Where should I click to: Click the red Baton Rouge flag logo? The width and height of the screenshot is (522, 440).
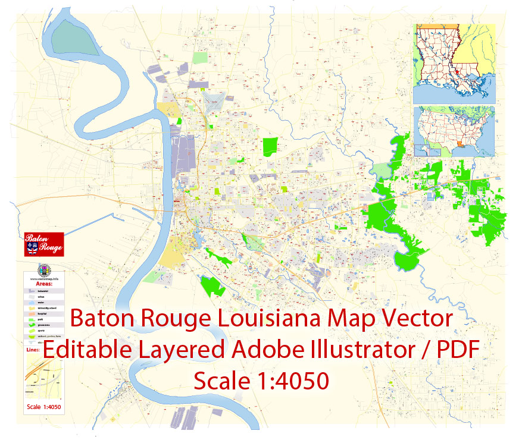[x=44, y=244]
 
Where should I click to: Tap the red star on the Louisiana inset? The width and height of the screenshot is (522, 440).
[x=457, y=71]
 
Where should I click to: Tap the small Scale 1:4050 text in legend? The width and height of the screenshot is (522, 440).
[x=44, y=407]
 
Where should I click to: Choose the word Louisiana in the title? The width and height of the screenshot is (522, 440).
[x=271, y=319]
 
